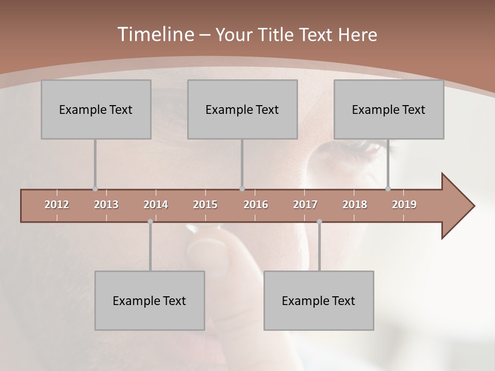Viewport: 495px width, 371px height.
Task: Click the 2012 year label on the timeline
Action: pos(57,205)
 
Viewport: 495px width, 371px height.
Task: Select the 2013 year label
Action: pos(106,205)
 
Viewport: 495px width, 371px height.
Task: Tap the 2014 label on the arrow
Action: pos(156,205)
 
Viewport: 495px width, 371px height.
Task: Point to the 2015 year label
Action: pos(205,205)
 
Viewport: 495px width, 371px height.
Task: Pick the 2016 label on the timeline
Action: pos(256,205)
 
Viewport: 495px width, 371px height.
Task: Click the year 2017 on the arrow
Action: pos(305,205)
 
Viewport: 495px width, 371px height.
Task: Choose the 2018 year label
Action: pos(355,205)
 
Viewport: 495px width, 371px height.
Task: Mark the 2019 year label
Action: pos(404,205)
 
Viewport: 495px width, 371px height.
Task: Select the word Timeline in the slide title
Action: pos(154,35)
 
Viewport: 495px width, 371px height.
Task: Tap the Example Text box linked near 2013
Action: pos(96,110)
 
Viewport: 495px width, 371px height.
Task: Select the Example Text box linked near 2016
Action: pos(242,110)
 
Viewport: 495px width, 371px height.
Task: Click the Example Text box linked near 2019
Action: pos(389,110)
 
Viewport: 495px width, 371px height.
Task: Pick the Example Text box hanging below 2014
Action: pos(150,301)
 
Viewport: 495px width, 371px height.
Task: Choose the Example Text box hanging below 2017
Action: pos(319,301)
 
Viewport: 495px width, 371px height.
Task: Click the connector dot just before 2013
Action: pos(95,189)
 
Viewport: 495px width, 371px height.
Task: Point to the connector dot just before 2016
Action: pos(242,189)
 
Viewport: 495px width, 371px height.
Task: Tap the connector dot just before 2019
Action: pos(388,189)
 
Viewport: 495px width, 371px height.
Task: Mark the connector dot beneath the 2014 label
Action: pos(150,222)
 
